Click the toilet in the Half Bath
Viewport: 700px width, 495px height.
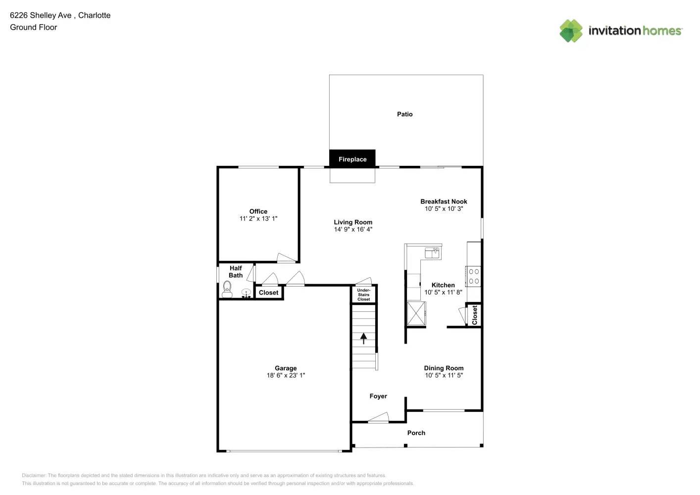coord(227,289)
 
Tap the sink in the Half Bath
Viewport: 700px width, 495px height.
coord(246,294)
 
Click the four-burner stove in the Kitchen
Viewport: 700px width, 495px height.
coord(473,276)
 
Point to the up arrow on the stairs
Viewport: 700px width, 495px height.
coord(363,339)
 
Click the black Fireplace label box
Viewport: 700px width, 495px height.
coord(352,158)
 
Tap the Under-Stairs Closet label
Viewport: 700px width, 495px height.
coord(363,295)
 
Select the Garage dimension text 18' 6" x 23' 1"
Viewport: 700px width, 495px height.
coord(286,375)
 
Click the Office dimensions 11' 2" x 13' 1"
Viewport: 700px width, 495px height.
coord(258,219)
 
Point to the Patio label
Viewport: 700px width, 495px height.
coord(404,114)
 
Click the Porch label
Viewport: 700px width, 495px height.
coord(416,433)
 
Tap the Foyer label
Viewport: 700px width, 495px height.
coord(378,396)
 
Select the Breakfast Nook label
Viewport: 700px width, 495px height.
coord(444,201)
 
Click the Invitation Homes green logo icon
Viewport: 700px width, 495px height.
coord(571,31)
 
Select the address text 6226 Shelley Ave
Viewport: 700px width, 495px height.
coord(41,15)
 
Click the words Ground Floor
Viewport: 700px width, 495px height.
coord(34,27)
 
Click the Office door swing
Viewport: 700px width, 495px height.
coord(286,257)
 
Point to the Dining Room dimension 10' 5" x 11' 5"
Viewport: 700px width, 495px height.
coord(444,375)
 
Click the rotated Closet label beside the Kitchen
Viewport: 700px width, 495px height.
coord(475,315)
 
